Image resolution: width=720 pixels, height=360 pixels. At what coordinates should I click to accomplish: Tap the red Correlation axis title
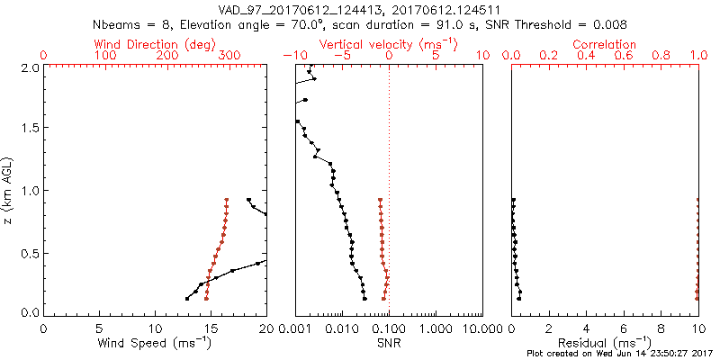[x=605, y=44]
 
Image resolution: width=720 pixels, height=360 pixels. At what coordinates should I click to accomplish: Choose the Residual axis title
[x=605, y=343]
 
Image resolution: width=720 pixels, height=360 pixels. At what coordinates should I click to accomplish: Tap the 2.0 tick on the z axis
[x=28, y=67]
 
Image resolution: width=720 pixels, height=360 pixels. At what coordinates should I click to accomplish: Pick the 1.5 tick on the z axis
[x=28, y=129]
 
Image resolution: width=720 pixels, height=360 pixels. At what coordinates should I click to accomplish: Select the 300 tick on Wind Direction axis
[x=229, y=56]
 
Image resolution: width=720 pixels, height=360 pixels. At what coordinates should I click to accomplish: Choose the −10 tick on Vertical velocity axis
[x=291, y=56]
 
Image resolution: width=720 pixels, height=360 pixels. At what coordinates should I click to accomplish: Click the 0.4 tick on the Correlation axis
[x=587, y=56]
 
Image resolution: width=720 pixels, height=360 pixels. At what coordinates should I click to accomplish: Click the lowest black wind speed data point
[x=187, y=298]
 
